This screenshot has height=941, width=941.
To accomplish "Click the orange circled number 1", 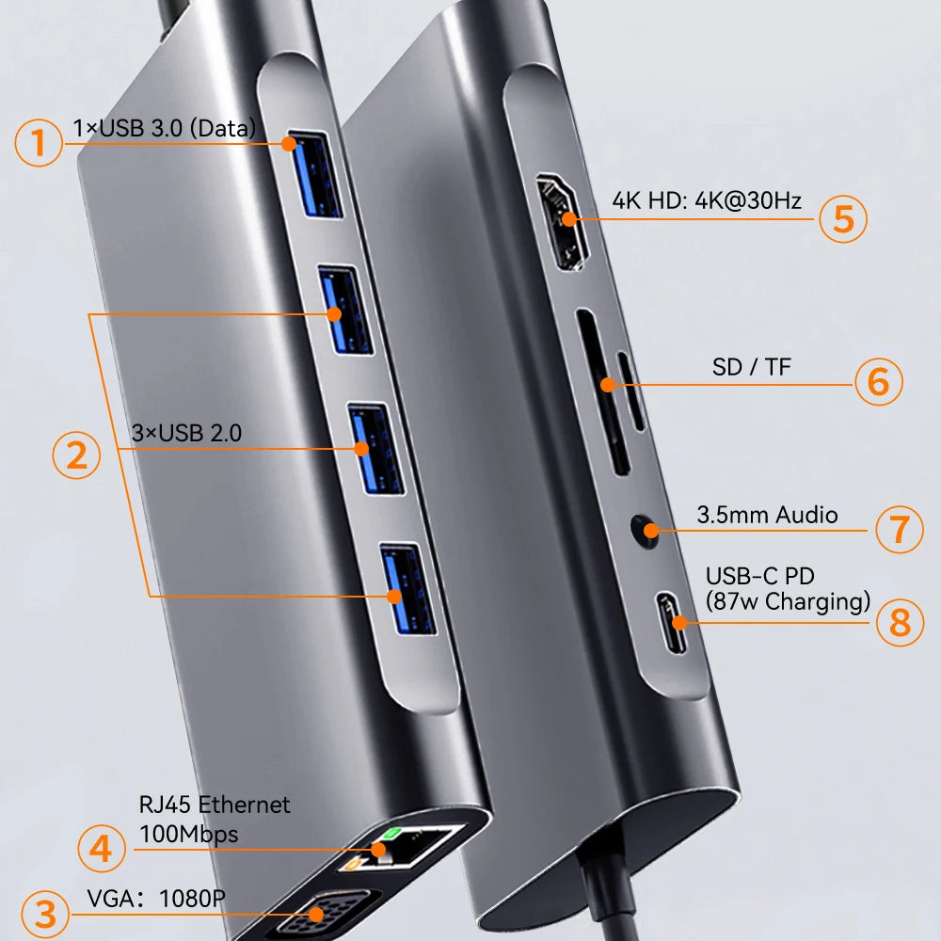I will pos(39,143).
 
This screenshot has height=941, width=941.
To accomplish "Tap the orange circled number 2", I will pos(75,455).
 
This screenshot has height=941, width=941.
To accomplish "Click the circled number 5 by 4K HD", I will pos(842,218).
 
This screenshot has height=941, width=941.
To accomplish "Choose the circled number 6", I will pos(878,381).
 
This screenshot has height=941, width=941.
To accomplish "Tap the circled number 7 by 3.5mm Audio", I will pos(900,528).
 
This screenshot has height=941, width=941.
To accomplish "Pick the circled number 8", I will pos(900,622).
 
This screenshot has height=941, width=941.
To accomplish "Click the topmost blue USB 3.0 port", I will pos(316,175).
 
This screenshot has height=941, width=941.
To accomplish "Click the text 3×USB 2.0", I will pos(186,434).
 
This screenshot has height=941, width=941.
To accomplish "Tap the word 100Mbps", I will pos(188,834).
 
